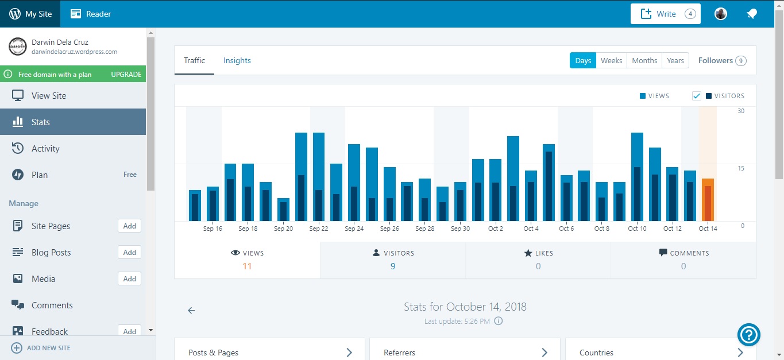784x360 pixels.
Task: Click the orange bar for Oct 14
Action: pyautogui.click(x=708, y=200)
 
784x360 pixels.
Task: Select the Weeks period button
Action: pyautogui.click(x=611, y=61)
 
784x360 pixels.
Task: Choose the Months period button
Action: pyautogui.click(x=644, y=61)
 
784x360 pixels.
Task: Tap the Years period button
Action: pyautogui.click(x=675, y=61)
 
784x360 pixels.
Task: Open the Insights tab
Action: pyautogui.click(x=237, y=61)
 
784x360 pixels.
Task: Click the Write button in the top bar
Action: pyautogui.click(x=665, y=14)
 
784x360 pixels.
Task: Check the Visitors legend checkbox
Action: pyautogui.click(x=697, y=96)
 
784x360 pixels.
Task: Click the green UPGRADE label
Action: pyautogui.click(x=126, y=75)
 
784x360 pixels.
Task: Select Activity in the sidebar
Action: pyautogui.click(x=45, y=149)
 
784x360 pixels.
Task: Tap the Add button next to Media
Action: pyautogui.click(x=129, y=279)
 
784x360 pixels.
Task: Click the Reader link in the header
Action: pyautogui.click(x=91, y=14)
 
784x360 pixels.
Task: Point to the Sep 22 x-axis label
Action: pyautogui.click(x=319, y=229)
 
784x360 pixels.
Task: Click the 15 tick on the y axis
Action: pyautogui.click(x=741, y=168)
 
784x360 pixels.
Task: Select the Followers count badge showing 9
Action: pyautogui.click(x=741, y=61)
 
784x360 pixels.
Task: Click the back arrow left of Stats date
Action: pyautogui.click(x=191, y=311)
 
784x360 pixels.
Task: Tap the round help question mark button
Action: pyautogui.click(x=749, y=334)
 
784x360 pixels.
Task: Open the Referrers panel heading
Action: pyautogui.click(x=400, y=353)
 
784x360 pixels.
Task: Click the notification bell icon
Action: pyautogui.click(x=751, y=14)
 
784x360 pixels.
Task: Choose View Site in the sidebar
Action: pyautogui.click(x=49, y=96)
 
